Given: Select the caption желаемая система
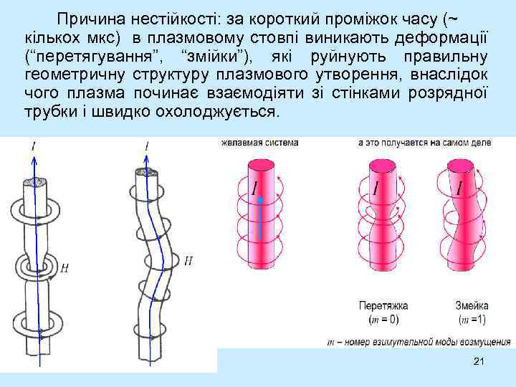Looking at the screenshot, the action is pyautogui.click(x=259, y=143).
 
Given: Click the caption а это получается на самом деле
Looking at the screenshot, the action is pyautogui.click(x=424, y=143).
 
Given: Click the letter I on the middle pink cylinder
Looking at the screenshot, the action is pyautogui.click(x=374, y=188).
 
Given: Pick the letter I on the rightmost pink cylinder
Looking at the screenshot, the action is pyautogui.click(x=459, y=188).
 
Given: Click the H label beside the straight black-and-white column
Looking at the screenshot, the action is pyautogui.click(x=65, y=269).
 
